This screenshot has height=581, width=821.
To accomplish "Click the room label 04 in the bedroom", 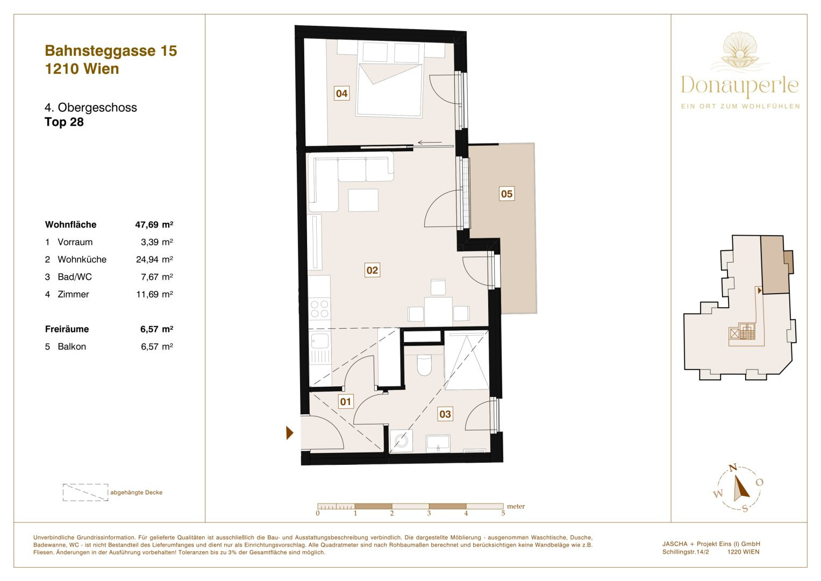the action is click(x=341, y=93).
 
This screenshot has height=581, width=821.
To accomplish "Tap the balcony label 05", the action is click(x=506, y=194).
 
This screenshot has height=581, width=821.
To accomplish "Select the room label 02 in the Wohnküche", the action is click(x=372, y=270).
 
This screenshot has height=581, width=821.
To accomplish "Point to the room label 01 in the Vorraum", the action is click(x=345, y=402).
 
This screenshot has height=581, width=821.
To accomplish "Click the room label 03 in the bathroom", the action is click(x=445, y=414).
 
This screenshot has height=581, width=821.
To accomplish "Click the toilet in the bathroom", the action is click(x=424, y=365).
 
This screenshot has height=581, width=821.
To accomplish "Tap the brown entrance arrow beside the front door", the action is click(x=290, y=433).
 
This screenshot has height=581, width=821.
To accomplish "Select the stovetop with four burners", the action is click(x=319, y=308).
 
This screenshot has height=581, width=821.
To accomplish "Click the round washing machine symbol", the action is click(x=401, y=441).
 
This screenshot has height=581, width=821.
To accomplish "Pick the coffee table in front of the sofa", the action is click(x=363, y=200).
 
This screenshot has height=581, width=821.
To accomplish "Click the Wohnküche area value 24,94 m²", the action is click(x=154, y=259).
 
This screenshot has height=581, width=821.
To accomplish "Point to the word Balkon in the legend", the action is click(x=72, y=346).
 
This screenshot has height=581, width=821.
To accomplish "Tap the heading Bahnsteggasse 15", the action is click(x=111, y=51).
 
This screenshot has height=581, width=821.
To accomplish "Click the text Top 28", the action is click(x=64, y=122).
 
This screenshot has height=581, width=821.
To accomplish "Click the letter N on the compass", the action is click(x=733, y=467).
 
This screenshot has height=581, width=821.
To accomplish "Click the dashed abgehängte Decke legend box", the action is click(x=85, y=492).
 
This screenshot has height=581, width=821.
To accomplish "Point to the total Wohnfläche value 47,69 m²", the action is click(x=154, y=224).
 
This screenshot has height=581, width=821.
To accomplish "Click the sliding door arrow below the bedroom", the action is click(x=430, y=143).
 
